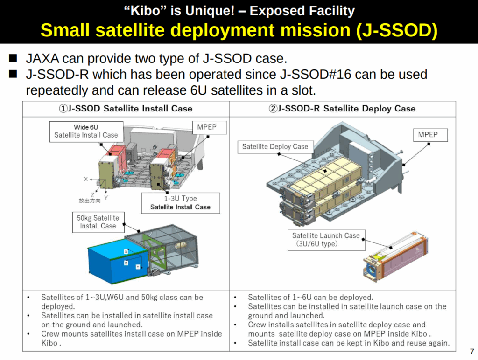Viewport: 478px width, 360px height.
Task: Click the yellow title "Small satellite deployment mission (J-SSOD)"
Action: coord(239,30)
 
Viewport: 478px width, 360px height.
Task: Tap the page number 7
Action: coord(472,352)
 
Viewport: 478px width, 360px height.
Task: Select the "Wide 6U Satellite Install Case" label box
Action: coord(86,132)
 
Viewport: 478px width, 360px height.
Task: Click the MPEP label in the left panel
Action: coord(210,127)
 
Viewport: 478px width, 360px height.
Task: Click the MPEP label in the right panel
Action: coord(430,135)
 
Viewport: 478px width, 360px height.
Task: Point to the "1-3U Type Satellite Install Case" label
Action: coord(181,203)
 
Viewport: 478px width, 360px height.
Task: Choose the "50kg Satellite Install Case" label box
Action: coord(98,222)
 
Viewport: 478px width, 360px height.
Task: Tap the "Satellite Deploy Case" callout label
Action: coord(275,147)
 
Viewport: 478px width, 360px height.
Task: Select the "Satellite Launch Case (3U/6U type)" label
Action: coord(326,240)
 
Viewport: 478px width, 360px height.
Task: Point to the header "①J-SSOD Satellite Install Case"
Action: coord(126,109)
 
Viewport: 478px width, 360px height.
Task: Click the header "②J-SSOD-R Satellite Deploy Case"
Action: coord(342,109)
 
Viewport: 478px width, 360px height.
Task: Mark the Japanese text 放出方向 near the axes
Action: coord(89,201)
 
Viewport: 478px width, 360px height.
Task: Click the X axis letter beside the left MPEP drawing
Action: coord(86,179)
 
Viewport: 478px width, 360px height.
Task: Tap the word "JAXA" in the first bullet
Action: coord(42,58)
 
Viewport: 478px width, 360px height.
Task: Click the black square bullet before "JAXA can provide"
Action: coord(13,58)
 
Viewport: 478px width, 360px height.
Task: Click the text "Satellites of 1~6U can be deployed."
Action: coord(310,297)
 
